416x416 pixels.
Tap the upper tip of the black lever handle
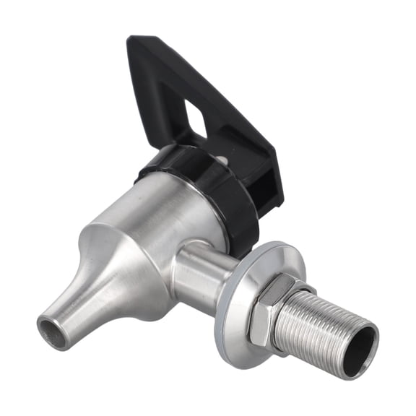(135, 42)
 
